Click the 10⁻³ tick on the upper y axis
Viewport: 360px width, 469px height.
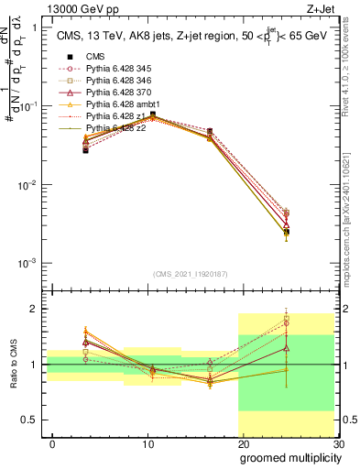27,263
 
